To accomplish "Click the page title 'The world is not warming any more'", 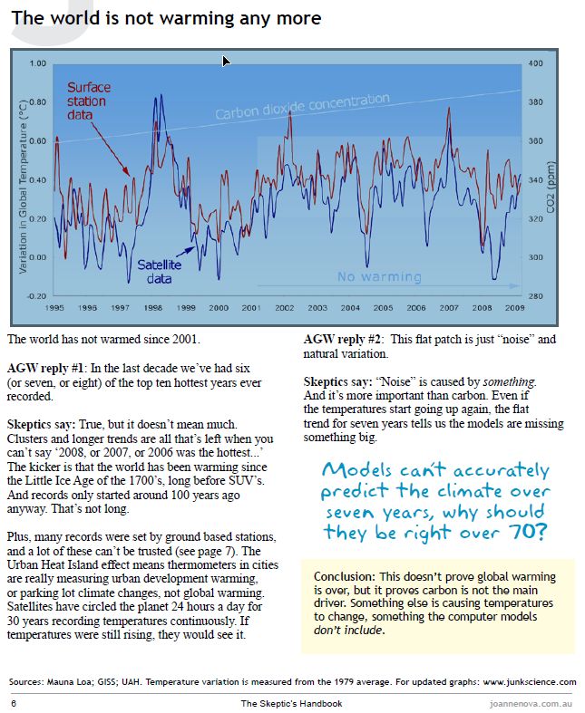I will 166,17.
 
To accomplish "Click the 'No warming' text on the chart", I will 378,276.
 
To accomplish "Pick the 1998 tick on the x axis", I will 151,308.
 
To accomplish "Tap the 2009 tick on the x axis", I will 515,308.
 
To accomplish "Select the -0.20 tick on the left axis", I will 35,296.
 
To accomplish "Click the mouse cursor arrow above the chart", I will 226,61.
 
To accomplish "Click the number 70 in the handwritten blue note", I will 525,531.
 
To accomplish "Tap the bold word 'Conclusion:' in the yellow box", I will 345,577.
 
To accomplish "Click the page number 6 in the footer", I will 13,702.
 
